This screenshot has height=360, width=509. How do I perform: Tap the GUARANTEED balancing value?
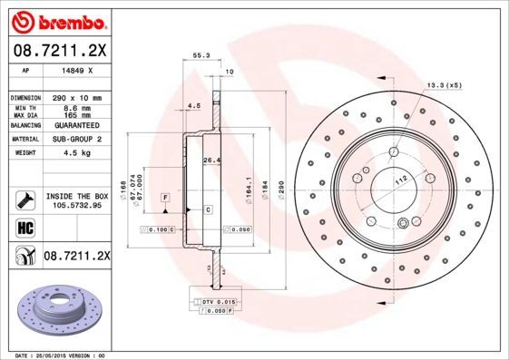77,124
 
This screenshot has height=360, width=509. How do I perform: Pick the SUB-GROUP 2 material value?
77,139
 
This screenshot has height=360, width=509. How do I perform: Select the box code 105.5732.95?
78,205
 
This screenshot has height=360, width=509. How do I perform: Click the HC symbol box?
21,227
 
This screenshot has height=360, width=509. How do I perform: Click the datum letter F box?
166,196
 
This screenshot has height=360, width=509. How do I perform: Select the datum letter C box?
207,209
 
